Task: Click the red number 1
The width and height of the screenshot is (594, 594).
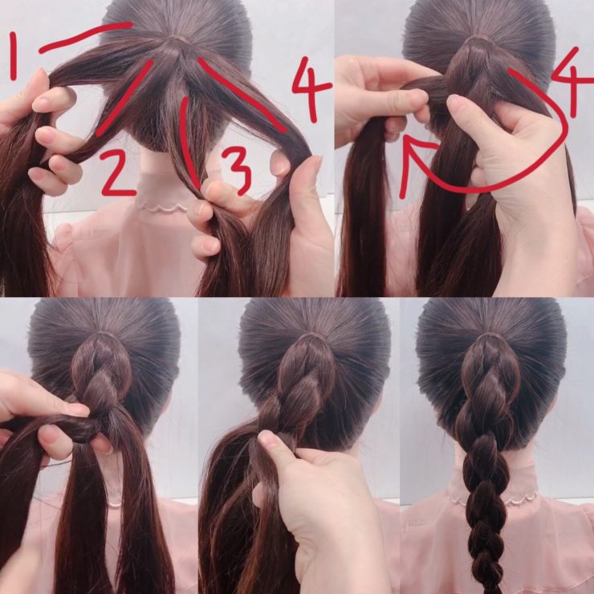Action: point(14,56)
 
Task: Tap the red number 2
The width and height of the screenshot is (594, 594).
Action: point(117,173)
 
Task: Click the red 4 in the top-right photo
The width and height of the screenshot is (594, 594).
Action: point(572,81)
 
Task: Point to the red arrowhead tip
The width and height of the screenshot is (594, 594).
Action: point(405,136)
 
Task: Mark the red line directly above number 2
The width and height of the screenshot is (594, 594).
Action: point(124,98)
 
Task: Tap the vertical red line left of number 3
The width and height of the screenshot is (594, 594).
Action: point(189,142)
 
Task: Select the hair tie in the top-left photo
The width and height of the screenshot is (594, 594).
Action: point(178,38)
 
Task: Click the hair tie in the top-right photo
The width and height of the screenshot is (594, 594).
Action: point(480,39)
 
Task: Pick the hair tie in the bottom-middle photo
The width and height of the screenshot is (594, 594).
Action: point(311,336)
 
